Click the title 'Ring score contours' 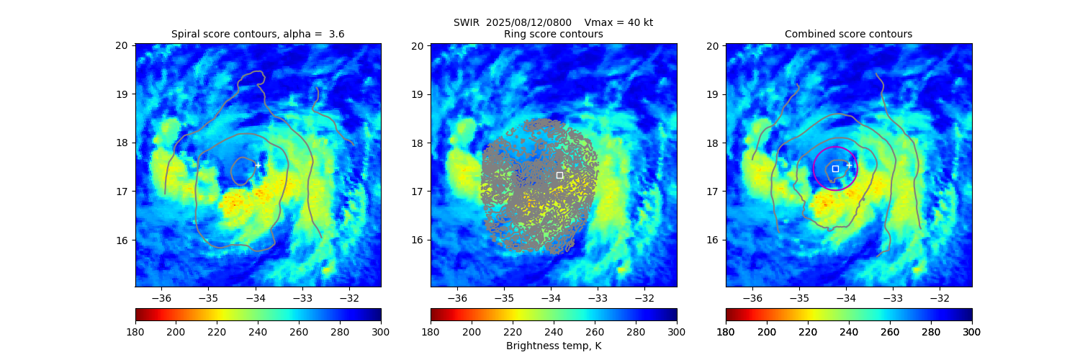tap(553, 34)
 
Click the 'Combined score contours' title tap(848, 34)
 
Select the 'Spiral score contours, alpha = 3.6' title tap(258, 34)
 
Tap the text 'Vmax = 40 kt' tap(618, 22)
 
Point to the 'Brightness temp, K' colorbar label tap(553, 346)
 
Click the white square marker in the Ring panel tap(559, 175)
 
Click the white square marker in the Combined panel tap(835, 168)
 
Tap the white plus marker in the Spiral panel tap(258, 165)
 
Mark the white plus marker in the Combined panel tap(849, 165)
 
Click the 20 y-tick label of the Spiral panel tap(122, 45)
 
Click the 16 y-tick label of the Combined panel tap(713, 240)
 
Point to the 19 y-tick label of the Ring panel tap(418, 94)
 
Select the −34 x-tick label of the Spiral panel tap(255, 298)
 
